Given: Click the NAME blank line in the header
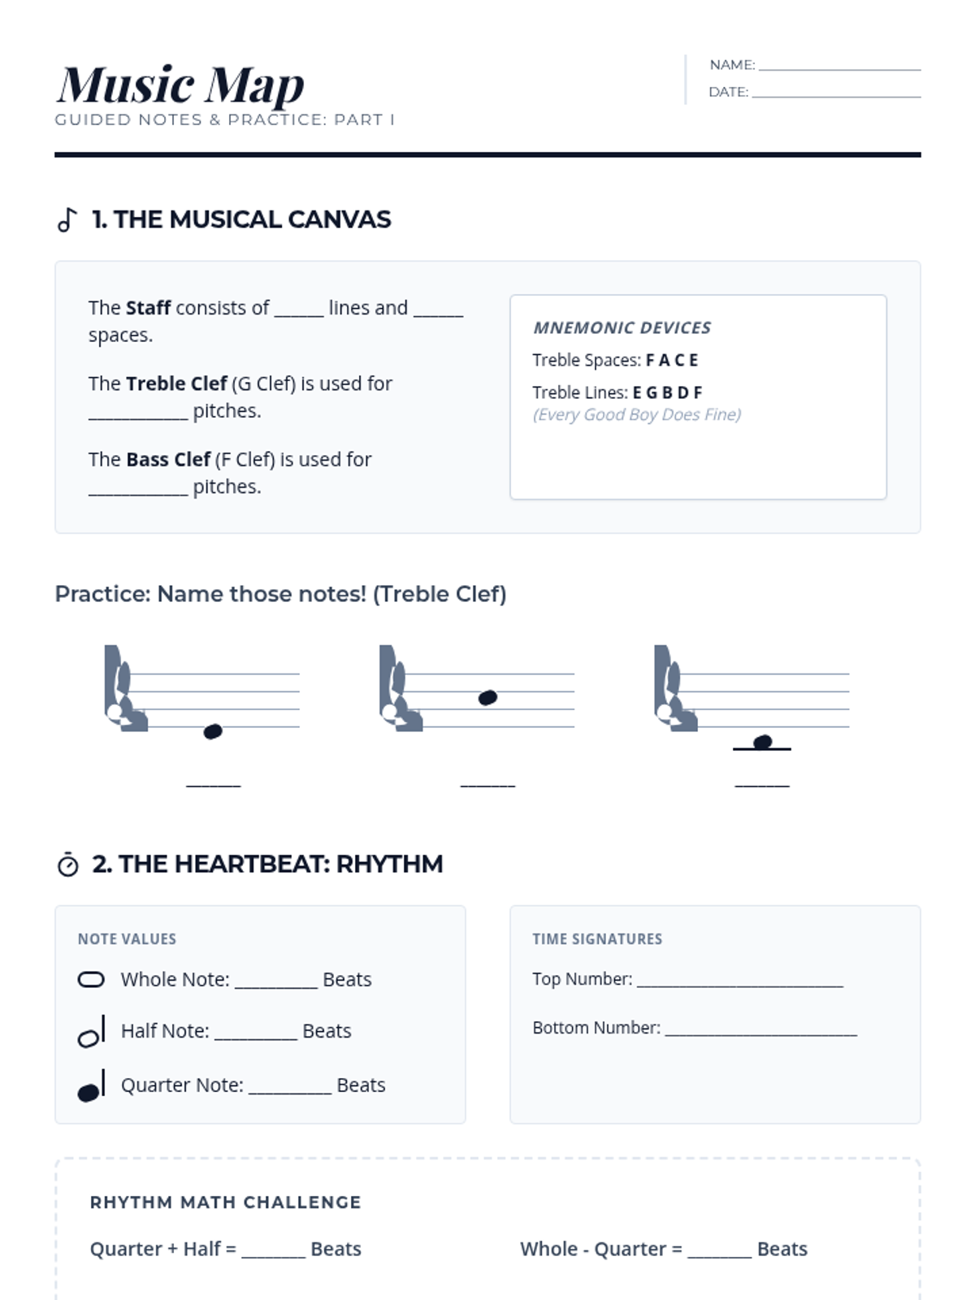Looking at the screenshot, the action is coord(839,70).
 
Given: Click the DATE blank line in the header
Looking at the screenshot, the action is coord(836,97).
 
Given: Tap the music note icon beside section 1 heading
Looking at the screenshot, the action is coord(67,219).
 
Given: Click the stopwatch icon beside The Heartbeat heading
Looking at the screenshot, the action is coord(68,864).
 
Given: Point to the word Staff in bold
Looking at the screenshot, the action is coord(149,308).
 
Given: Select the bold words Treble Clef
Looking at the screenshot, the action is coord(176,383).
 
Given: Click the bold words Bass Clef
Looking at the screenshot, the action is coord(168,460).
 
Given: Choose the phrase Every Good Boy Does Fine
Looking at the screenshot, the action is coord(637,414).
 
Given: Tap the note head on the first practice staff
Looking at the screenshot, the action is coord(213,731).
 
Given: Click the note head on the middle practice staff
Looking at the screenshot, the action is coord(487,698).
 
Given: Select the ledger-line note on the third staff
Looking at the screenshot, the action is coord(762,742).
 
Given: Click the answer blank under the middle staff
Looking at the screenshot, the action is coord(487,786).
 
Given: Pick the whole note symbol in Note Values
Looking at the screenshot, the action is coord(91,980).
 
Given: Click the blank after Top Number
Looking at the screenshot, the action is coord(740,986).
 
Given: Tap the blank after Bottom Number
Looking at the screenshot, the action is coord(761,1034).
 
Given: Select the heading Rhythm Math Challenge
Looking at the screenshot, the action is coord(226,1202).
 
